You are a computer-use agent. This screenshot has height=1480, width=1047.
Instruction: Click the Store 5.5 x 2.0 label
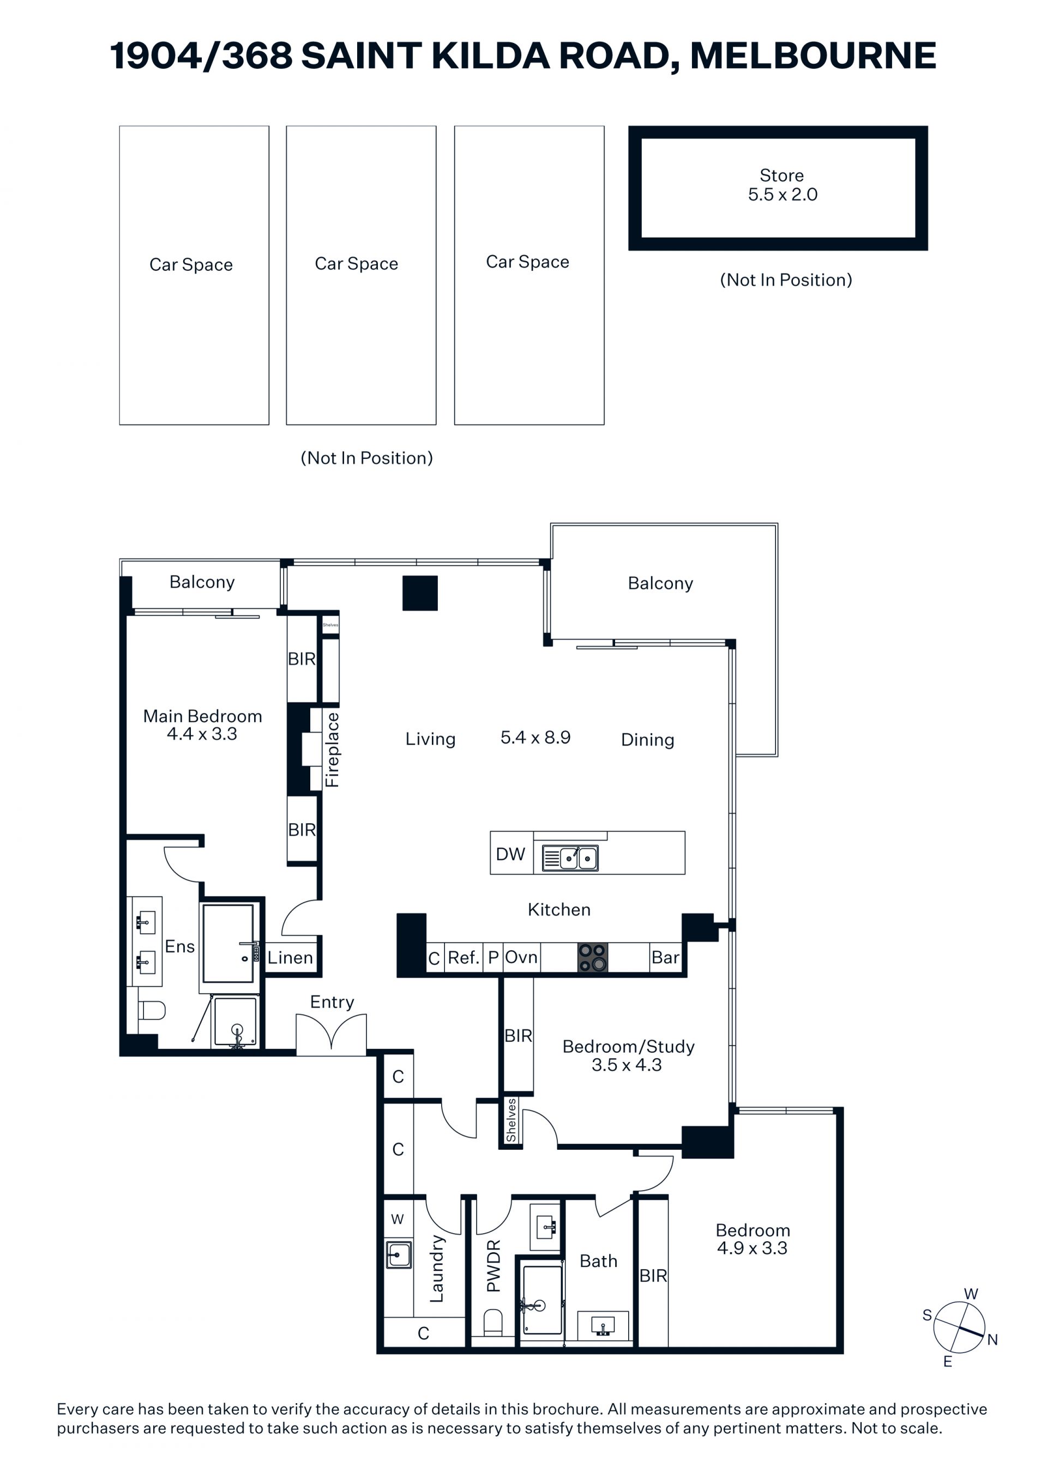click(782, 185)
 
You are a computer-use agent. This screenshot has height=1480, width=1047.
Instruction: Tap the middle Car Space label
click(357, 264)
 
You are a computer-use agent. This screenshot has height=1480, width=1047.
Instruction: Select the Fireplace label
click(332, 750)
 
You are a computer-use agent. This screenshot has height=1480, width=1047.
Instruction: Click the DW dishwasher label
click(510, 854)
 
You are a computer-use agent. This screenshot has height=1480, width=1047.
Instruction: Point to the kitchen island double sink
click(570, 858)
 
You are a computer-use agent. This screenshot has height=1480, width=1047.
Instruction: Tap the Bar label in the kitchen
click(665, 957)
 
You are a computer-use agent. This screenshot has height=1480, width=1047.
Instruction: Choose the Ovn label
click(521, 957)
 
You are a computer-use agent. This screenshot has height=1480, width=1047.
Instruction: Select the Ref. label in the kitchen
click(464, 958)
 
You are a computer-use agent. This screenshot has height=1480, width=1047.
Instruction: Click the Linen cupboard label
click(290, 958)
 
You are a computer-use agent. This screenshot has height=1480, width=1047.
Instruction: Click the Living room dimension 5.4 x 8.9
click(535, 738)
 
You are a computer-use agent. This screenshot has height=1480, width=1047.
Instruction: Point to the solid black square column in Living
click(420, 593)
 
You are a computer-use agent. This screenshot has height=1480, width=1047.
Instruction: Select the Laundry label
click(436, 1268)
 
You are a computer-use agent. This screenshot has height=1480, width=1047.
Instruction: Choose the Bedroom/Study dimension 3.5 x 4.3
click(627, 1065)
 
